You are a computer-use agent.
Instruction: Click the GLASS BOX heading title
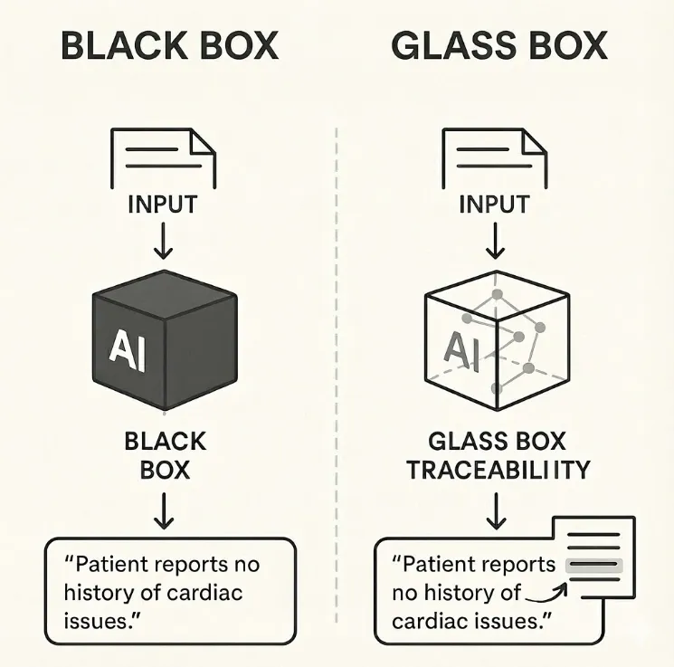499,45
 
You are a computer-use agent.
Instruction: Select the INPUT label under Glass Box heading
494,204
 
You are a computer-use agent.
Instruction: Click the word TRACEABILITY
498,470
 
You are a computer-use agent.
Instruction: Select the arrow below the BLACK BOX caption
164,512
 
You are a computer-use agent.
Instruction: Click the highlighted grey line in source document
593,565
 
